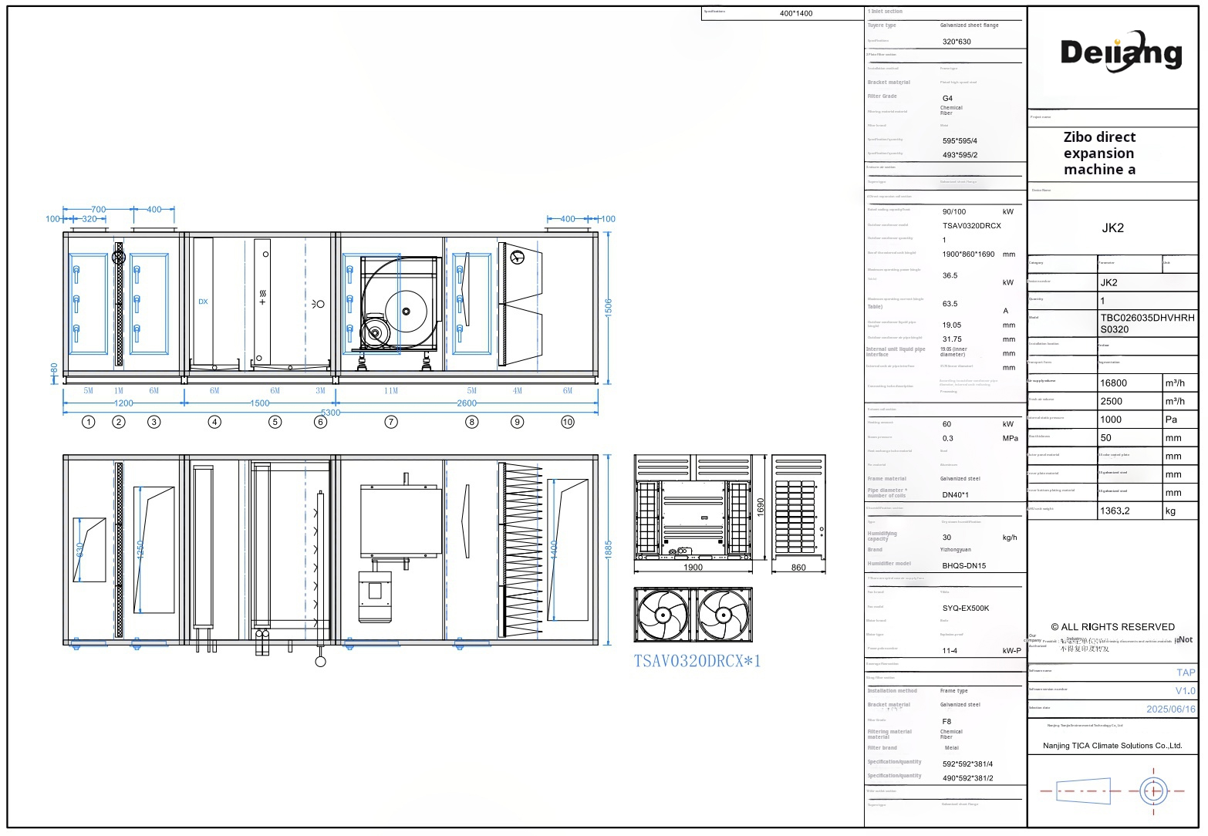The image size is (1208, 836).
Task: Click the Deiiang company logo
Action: pos(1121,52)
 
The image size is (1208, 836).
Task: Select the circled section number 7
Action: pos(391,422)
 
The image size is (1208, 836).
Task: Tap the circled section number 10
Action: pos(568,422)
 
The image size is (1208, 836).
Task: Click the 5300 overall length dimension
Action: pos(330,413)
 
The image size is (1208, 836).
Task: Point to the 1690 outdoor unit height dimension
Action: pos(760,507)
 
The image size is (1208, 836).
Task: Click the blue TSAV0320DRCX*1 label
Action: pos(697,661)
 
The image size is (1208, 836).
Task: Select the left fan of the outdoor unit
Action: pos(663,615)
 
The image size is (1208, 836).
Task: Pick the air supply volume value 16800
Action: pos(1113,383)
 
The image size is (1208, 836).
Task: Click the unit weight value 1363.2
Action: pos(1115,511)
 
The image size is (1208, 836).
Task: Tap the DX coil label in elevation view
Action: pos(203,302)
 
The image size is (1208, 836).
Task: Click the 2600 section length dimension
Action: pos(467,403)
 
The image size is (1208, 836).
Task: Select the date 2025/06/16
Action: pos(1170,709)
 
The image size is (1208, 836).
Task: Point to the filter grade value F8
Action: pos(946,722)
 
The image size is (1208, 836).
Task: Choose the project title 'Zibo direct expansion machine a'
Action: pos(1099,153)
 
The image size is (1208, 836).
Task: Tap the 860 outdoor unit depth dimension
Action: pos(798,568)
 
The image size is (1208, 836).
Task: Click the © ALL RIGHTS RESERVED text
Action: pos(1112,627)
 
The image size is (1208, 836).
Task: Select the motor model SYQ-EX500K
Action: pos(965,608)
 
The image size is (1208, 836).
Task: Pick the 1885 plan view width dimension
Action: pos(608,549)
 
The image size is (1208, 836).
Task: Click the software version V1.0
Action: pos(1185,690)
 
